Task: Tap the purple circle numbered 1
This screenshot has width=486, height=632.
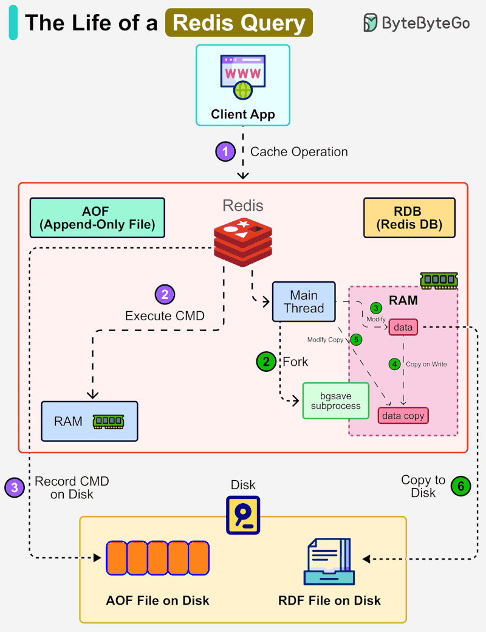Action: (225, 151)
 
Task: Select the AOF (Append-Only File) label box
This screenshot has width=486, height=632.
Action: (97, 218)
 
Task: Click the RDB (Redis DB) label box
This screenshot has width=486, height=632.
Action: (409, 218)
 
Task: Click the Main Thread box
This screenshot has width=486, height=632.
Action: (304, 301)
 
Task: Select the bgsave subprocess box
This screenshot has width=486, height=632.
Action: (335, 401)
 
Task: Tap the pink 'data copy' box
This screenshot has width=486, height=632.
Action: (403, 416)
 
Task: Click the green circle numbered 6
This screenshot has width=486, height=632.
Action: (460, 486)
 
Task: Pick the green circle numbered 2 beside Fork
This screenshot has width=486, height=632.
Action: (266, 362)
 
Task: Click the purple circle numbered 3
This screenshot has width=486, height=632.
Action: (15, 487)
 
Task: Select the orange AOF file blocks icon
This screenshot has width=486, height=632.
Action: (157, 558)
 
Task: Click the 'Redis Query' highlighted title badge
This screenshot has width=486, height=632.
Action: (239, 23)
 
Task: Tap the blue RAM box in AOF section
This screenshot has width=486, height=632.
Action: (89, 421)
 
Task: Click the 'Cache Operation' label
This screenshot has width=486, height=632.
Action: (299, 152)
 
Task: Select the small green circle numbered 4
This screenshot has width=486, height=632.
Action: (395, 364)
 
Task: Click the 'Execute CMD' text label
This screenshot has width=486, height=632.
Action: (165, 316)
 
